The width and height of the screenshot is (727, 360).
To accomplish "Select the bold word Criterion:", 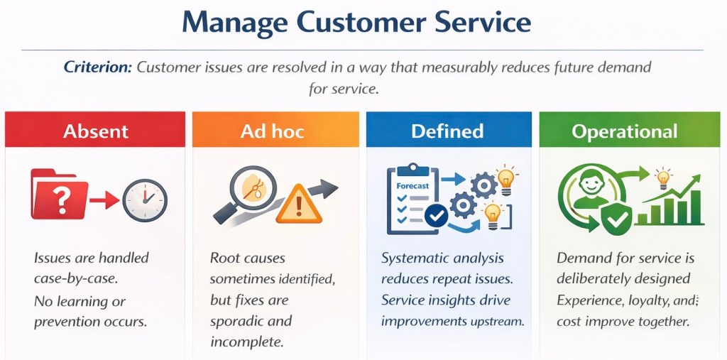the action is [98, 67].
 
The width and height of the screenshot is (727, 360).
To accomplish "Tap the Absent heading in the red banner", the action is [96, 131].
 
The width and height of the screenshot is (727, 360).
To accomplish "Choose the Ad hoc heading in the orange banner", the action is [272, 131].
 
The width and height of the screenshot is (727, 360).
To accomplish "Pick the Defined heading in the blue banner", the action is [447, 131].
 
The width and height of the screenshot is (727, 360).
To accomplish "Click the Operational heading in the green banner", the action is [625, 131].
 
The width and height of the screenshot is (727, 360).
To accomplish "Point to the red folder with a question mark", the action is [60, 195].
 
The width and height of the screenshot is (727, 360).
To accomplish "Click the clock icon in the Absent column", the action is [145, 200].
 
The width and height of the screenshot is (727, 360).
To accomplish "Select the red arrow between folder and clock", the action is [104, 200].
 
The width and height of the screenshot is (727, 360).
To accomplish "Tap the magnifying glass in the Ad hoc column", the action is [248, 192].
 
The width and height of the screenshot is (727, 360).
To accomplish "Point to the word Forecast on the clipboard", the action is [412, 185].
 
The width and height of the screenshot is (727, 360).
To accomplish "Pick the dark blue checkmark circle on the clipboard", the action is [437, 215].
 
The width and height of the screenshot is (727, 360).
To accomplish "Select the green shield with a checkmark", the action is [616, 217].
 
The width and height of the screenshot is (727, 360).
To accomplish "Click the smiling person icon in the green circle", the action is [591, 190].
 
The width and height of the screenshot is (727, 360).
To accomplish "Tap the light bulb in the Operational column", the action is [664, 179].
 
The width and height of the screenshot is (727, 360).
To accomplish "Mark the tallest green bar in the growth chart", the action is [696, 207].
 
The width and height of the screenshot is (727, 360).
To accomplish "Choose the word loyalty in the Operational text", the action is [644, 301].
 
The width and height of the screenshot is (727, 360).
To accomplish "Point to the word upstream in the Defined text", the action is [503, 322].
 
